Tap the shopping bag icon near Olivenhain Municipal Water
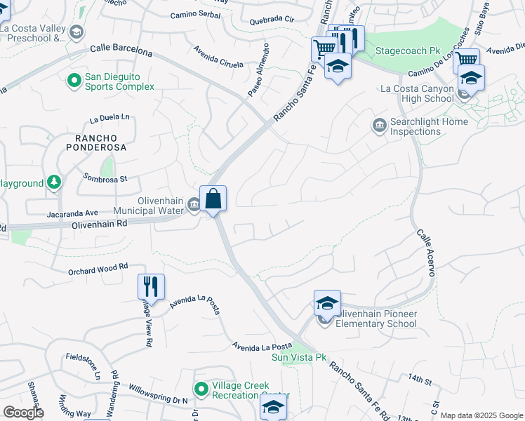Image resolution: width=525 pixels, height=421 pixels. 213,199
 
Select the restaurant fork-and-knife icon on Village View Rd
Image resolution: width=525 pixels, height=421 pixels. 151,286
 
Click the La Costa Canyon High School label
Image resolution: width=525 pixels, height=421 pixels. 417,94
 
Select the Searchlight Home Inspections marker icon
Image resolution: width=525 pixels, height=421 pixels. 379,126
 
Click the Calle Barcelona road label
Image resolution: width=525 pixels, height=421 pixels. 121,51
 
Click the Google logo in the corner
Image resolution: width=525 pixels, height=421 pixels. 23,413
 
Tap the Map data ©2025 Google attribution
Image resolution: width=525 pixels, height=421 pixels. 481,415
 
